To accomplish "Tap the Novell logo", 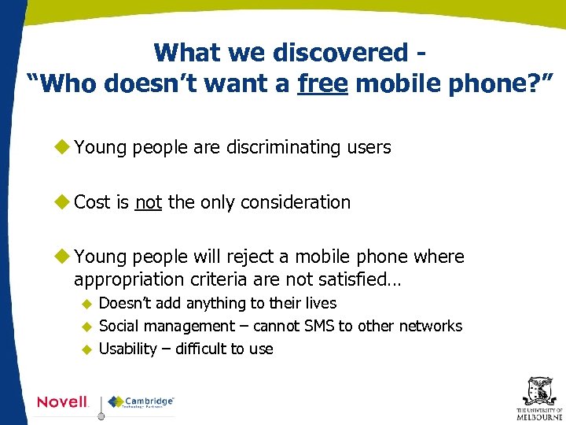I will [x=63, y=402].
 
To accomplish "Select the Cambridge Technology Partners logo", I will [x=141, y=402].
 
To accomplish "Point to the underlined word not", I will [x=149, y=202].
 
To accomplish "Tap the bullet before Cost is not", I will [x=62, y=201].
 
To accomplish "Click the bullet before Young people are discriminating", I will [x=62, y=146].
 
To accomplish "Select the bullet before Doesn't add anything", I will [x=88, y=304].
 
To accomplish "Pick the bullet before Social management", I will [x=88, y=327].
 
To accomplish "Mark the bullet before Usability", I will [x=88, y=349].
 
